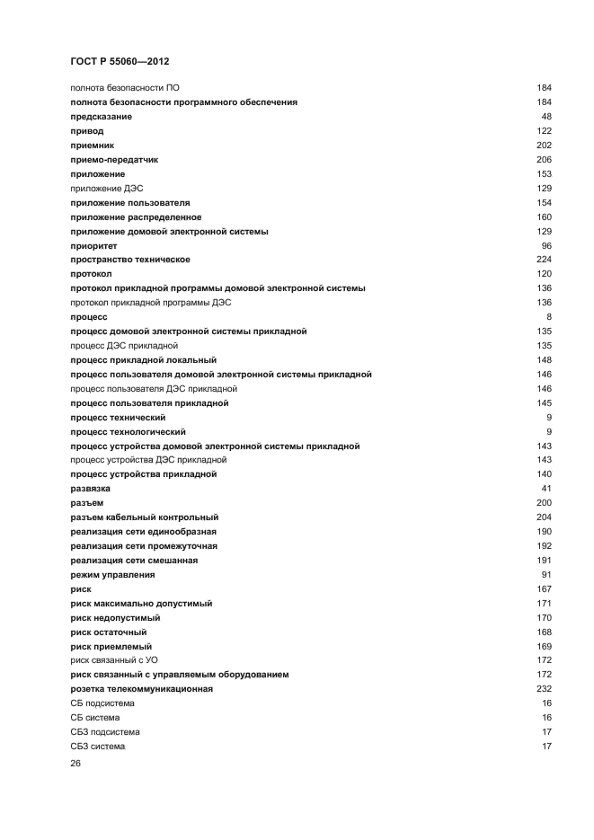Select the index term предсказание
tap(102, 117)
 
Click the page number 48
tap(545, 117)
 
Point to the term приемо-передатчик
tap(114, 159)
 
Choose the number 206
tap(544, 159)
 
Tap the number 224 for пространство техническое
tap(544, 260)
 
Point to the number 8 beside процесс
tap(548, 317)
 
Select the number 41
tap(545, 488)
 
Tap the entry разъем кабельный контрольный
tap(145, 517)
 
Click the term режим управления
tap(112, 574)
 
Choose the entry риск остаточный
tap(108, 632)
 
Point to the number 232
tap(544, 689)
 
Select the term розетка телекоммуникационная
tap(141, 689)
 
